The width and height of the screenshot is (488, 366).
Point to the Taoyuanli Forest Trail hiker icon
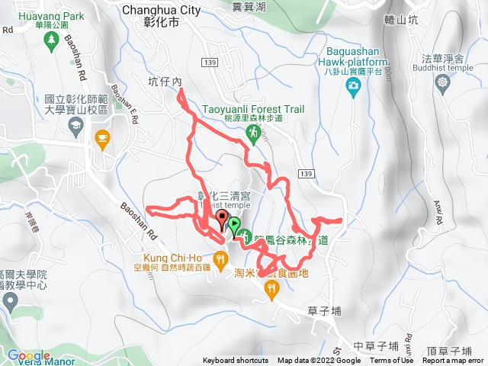click(x=252, y=133)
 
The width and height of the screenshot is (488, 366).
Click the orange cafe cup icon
click(x=101, y=137)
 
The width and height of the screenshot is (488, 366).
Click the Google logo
click(x=29, y=356)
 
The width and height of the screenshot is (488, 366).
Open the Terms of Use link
click(x=391, y=361)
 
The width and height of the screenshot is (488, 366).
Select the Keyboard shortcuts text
click(x=236, y=361)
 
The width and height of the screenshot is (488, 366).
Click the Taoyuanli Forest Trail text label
click(x=253, y=110)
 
